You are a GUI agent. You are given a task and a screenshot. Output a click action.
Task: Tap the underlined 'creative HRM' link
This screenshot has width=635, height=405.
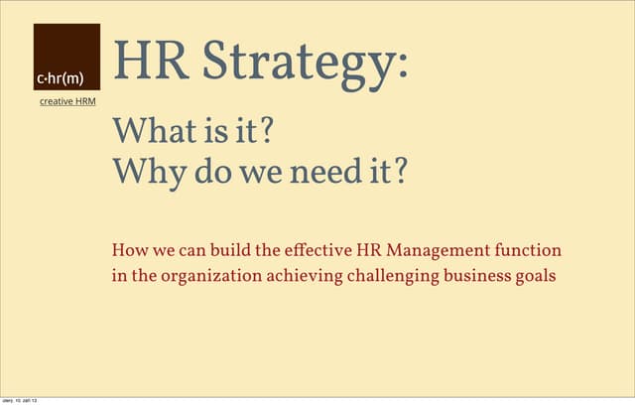tap(67, 102)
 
